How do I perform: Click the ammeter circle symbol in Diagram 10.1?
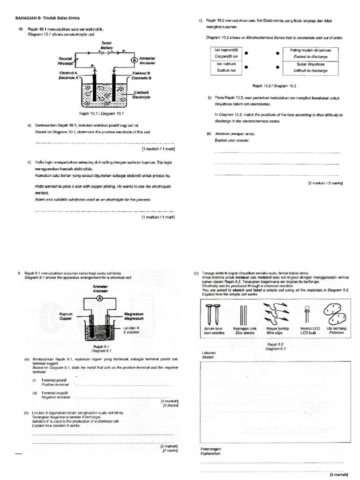coord(134,60)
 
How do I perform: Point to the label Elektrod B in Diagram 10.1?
coord(141,75)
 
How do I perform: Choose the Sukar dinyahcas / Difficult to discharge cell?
coord(310,67)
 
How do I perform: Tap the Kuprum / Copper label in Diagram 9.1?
coord(66,316)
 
